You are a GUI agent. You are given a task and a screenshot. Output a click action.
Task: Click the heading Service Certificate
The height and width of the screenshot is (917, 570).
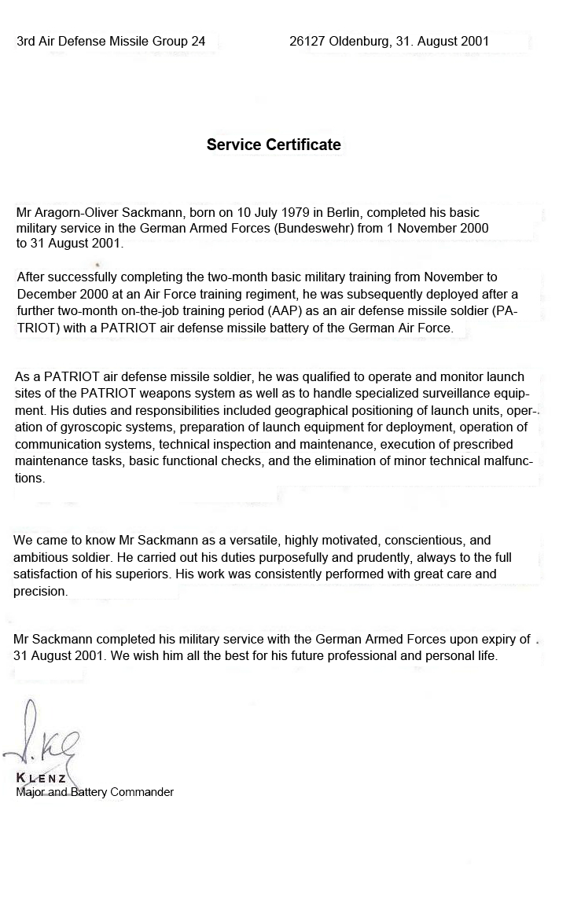pyautogui.click(x=274, y=145)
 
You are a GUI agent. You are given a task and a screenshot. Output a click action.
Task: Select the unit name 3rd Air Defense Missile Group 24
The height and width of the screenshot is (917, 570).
pyautogui.click(x=111, y=42)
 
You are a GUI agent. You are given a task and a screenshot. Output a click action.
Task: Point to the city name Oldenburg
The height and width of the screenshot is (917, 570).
pyautogui.click(x=357, y=42)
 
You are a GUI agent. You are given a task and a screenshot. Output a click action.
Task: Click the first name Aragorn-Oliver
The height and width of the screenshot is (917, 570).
pyautogui.click(x=77, y=212)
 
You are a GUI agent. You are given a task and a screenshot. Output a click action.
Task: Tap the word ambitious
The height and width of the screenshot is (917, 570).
pyautogui.click(x=39, y=557)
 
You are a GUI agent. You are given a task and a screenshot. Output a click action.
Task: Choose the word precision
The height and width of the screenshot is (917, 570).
pyautogui.click(x=40, y=591)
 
